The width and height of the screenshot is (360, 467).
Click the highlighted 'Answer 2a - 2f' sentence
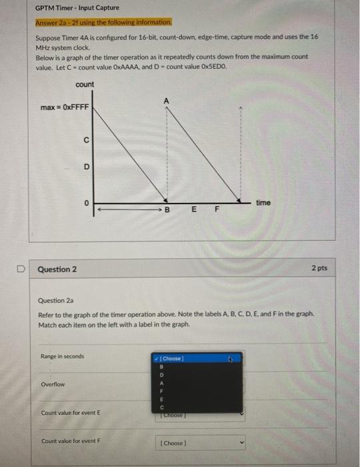[103, 22]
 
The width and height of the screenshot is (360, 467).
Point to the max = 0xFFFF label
[65, 107]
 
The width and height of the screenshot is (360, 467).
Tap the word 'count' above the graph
[85, 84]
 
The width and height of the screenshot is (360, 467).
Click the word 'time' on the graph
[263, 202]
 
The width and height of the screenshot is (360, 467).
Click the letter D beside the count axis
[85, 169]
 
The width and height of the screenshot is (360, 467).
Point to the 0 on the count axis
[85, 202]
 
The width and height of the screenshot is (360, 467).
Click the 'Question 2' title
[57, 270]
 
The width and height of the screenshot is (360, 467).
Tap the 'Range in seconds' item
[63, 356]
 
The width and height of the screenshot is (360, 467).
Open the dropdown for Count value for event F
[201, 442]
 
